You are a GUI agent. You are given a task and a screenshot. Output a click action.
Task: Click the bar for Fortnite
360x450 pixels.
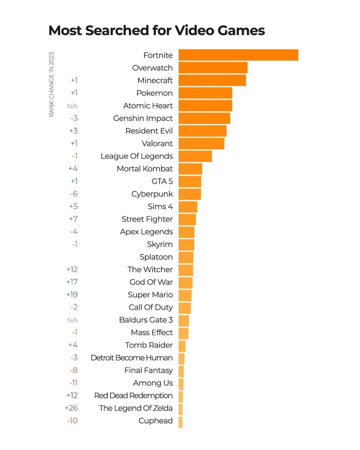(x=238, y=55)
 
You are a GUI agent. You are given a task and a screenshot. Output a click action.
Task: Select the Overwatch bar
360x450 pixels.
(x=213, y=68)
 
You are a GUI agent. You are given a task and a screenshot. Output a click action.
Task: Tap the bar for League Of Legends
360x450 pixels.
(x=195, y=156)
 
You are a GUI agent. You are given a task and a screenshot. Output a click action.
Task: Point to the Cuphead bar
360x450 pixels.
(x=180, y=422)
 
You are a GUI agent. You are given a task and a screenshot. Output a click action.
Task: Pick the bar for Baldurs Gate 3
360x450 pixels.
(x=184, y=321)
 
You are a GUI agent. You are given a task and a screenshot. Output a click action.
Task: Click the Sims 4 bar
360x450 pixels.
(x=188, y=207)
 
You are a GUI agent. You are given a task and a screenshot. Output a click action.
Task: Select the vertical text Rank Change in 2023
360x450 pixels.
(x=51, y=84)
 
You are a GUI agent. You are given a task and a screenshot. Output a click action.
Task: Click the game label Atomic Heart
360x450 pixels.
(x=148, y=106)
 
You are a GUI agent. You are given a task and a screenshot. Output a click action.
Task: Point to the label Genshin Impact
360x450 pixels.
(x=143, y=118)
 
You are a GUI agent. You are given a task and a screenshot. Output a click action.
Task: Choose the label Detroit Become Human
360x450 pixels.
(x=132, y=358)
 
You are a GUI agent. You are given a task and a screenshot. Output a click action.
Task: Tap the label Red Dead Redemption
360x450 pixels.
(x=133, y=396)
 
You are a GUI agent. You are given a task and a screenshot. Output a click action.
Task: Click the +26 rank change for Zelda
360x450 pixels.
(x=71, y=408)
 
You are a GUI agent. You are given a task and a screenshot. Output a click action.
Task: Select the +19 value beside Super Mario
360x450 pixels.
(x=72, y=295)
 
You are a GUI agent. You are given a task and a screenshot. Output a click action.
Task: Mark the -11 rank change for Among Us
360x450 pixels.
(x=73, y=383)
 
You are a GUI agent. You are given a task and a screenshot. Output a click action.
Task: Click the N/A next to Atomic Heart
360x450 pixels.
(x=72, y=106)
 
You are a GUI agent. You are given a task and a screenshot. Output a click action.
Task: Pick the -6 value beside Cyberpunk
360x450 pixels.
(x=74, y=194)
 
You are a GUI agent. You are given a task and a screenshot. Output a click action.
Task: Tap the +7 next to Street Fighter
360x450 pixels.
(x=73, y=219)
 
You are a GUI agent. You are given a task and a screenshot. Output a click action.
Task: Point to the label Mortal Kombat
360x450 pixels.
(x=145, y=169)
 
